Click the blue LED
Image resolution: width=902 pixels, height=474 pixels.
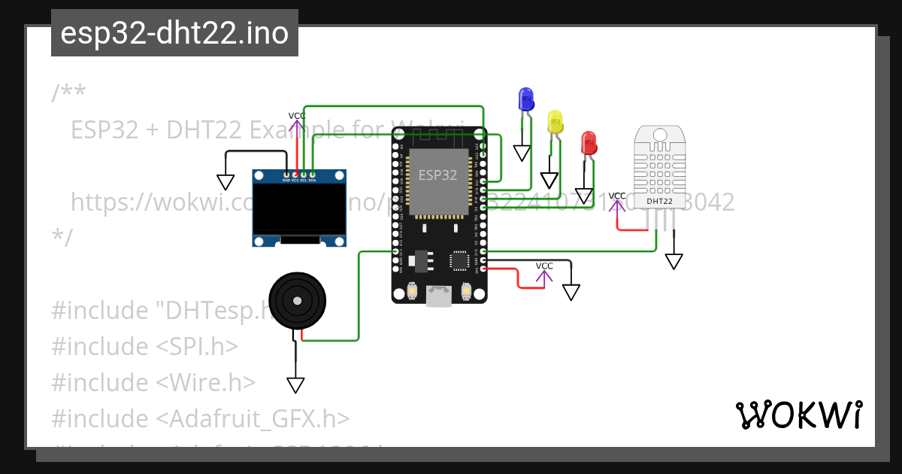tap(526, 99)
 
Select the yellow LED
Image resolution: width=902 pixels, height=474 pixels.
tap(555, 122)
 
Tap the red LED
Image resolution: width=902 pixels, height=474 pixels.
tap(589, 143)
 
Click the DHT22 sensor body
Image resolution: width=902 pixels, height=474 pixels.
tap(659, 166)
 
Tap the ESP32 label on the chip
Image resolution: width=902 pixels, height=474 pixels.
tap(437, 175)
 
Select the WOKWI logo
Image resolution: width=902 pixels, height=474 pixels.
tap(798, 415)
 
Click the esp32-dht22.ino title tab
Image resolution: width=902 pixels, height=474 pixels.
tap(174, 33)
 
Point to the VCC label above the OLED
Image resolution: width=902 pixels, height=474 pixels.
tap(297, 116)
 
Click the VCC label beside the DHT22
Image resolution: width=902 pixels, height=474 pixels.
tap(617, 196)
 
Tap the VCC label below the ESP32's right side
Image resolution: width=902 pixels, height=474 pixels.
tap(544, 266)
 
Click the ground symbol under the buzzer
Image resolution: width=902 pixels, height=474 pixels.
tap(295, 384)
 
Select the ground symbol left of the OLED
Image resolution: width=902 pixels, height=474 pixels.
tap(225, 182)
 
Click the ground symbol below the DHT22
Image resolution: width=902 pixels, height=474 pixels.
tap(674, 261)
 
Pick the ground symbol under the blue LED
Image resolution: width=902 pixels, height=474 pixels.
tap(522, 153)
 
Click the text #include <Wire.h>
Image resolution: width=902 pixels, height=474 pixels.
tap(153, 382)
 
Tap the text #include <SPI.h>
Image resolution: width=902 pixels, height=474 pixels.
tap(144, 346)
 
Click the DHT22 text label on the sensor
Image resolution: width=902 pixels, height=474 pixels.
tap(659, 202)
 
